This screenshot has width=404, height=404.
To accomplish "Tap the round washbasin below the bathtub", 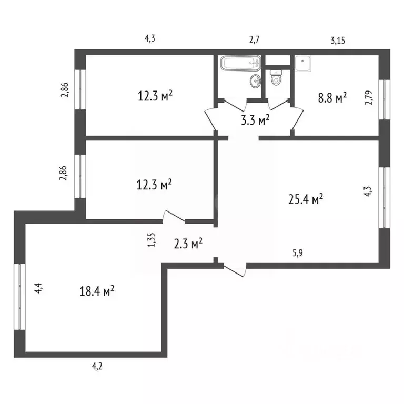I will point(255,80).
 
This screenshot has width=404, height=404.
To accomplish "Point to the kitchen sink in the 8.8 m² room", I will point(304,63).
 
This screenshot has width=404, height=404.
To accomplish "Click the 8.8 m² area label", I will point(330,98).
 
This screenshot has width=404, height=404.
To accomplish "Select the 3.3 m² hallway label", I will point(255,119).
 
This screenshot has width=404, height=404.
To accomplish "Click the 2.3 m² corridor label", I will point(188,244).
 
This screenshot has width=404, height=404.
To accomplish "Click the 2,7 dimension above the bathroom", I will point(255,39).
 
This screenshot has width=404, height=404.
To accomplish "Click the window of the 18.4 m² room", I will point(19,297).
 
